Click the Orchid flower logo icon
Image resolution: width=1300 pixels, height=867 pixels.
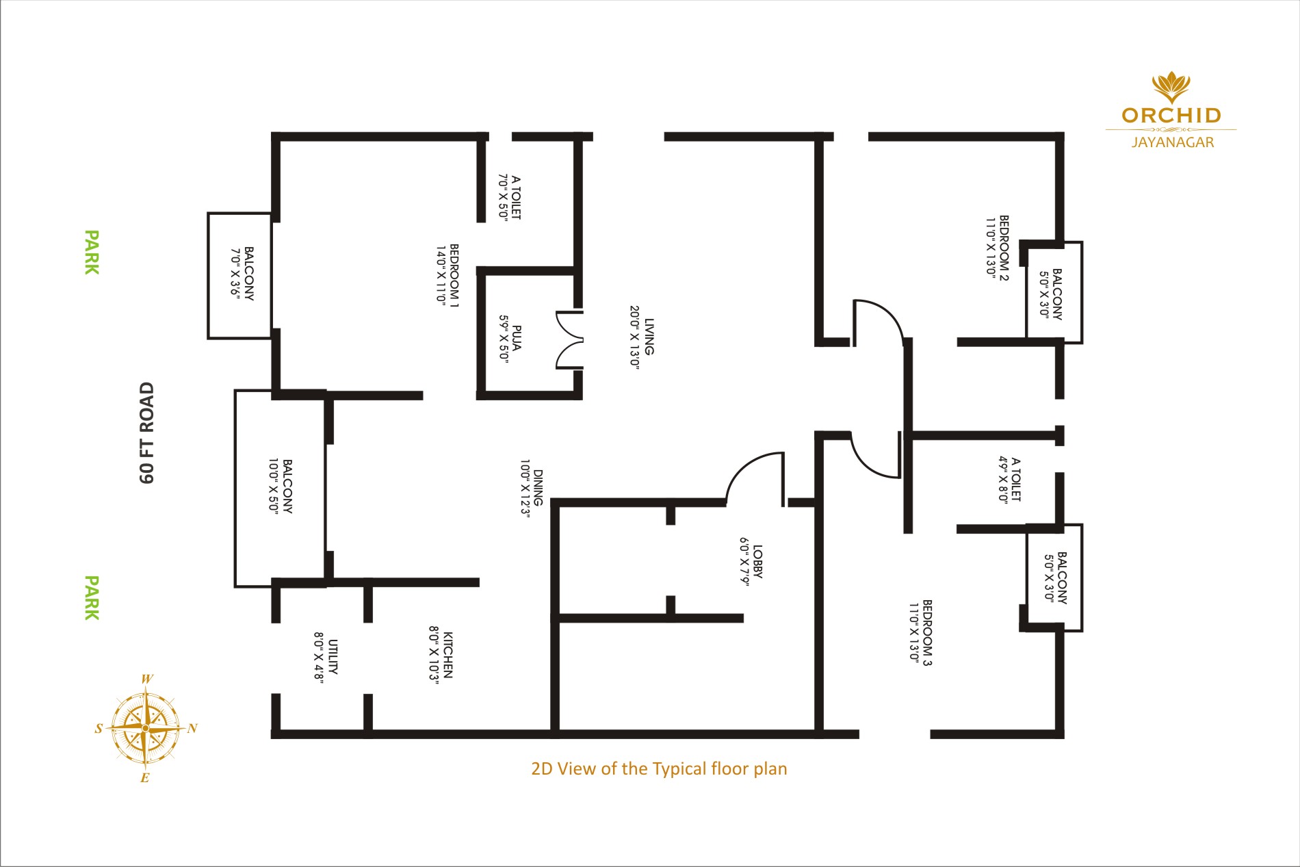pos(1171,87)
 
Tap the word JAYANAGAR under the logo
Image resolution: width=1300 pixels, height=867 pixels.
pos(1173,142)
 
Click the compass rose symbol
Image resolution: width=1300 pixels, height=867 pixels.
pos(146,728)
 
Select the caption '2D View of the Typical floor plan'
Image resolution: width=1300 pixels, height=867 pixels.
pos(659,769)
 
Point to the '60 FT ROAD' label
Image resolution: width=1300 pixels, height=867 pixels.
pos(147,432)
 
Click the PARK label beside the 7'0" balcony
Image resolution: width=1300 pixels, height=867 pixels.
pos(92,253)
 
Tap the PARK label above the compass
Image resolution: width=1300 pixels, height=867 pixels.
pos(92,598)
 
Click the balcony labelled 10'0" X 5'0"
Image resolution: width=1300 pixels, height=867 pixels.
pos(280,488)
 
